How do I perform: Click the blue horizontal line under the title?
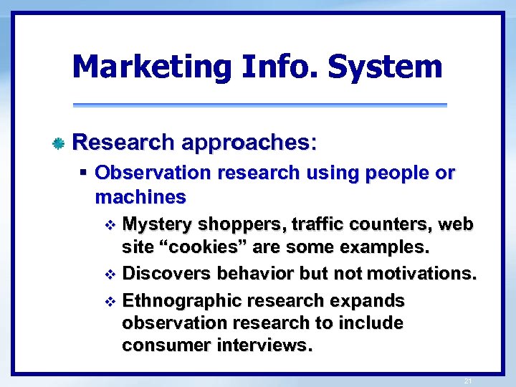[x=259, y=105]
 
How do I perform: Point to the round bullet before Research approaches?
[x=59, y=143]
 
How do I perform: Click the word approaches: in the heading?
[x=249, y=142]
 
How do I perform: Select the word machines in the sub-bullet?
[x=140, y=196]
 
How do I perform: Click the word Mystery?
[x=157, y=225]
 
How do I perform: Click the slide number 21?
[x=467, y=381]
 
